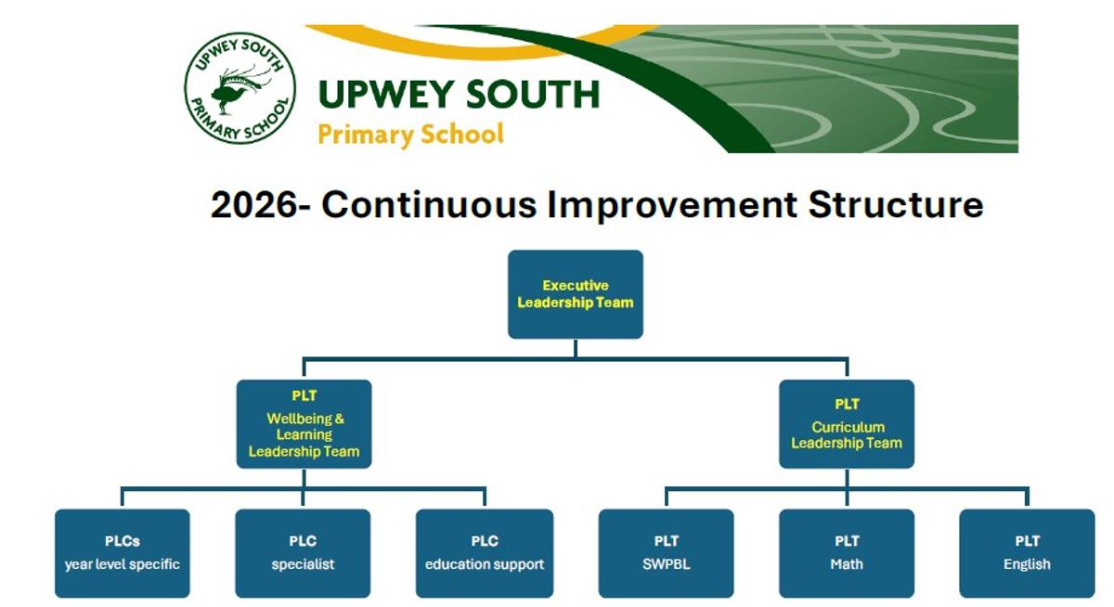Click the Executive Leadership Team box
[576, 294]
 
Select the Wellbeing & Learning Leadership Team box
[304, 424]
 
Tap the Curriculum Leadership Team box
[847, 424]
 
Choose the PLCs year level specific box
[123, 553]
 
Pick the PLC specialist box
[303, 553]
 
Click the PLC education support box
[485, 553]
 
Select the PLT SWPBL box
[666, 553]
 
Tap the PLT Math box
[847, 553]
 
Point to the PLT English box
[1027, 553]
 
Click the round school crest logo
[240, 88]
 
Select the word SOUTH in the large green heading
[533, 94]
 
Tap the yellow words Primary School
[410, 135]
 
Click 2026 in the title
[253, 205]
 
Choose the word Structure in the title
[896, 204]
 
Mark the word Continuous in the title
[429, 204]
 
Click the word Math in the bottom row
[847, 564]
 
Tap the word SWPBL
[666, 564]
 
